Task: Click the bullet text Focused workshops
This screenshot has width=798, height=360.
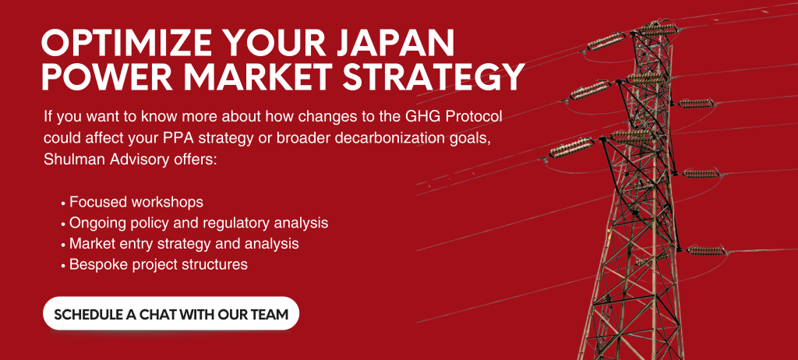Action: (136, 202)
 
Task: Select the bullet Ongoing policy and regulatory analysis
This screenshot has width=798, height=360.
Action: (199, 223)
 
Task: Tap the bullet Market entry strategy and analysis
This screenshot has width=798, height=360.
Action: (184, 244)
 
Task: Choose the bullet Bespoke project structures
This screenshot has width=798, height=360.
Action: (158, 265)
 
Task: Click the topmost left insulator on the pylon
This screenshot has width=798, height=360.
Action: (606, 41)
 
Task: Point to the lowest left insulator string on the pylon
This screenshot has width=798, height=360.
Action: (571, 148)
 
